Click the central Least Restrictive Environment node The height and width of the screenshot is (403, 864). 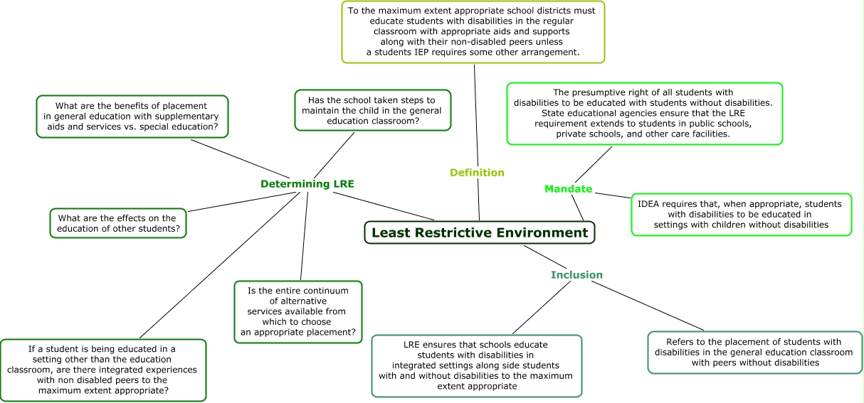point(479,232)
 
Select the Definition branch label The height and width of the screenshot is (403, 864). point(477,173)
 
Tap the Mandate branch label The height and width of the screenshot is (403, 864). point(568,189)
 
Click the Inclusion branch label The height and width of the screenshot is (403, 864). point(576,275)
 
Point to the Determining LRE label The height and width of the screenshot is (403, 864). point(307,184)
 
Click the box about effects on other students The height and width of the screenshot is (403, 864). point(118,223)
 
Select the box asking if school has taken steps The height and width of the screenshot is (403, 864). point(372,111)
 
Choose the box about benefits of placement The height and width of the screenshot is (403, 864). point(132,117)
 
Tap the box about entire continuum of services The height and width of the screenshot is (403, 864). point(297,312)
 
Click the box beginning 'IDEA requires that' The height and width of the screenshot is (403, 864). point(741,214)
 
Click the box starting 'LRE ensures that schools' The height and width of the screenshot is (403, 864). point(477,365)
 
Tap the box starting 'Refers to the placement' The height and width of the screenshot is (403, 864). point(754,352)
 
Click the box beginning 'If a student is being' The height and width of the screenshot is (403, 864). point(103,370)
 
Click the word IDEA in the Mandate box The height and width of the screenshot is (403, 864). point(648,204)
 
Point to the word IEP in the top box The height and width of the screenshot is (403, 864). point(426,52)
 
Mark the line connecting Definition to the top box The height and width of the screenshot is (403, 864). point(475,114)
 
